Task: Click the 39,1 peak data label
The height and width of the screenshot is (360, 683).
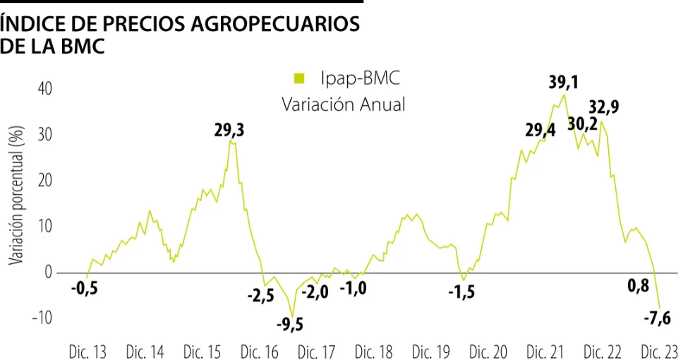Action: pyautogui.click(x=563, y=81)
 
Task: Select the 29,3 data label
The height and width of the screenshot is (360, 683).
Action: pyautogui.click(x=229, y=131)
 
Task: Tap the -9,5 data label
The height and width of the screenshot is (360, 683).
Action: pyautogui.click(x=290, y=325)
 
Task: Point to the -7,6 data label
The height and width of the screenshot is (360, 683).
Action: pyautogui.click(x=658, y=318)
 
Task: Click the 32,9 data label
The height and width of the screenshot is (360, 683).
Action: pyautogui.click(x=604, y=107)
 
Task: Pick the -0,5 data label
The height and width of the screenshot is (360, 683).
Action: pyautogui.click(x=85, y=288)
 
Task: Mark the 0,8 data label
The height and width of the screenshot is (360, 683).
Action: pyautogui.click(x=639, y=285)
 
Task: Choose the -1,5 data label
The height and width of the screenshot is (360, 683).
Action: pyautogui.click(x=461, y=292)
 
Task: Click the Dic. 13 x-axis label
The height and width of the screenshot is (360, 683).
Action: pyautogui.click(x=87, y=352)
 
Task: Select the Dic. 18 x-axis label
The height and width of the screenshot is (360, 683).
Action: pyautogui.click(x=373, y=352)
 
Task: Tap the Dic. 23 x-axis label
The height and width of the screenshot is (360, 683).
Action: pyautogui.click(x=660, y=352)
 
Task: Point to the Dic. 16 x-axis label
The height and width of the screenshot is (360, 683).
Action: pyautogui.click(x=259, y=352)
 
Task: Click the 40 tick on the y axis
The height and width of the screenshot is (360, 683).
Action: pyautogui.click(x=45, y=89)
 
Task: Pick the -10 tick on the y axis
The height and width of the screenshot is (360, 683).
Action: pyautogui.click(x=42, y=318)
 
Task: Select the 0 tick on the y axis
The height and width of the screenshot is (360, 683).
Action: pyautogui.click(x=48, y=272)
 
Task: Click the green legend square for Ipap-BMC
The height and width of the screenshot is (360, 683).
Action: pyautogui.click(x=299, y=78)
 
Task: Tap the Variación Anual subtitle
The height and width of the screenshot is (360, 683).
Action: pyautogui.click(x=343, y=104)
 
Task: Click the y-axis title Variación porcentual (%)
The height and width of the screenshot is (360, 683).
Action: pyautogui.click(x=16, y=195)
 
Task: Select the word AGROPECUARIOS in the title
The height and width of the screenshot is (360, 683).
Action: pyautogui.click(x=275, y=24)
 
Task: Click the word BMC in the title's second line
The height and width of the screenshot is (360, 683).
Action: pyautogui.click(x=83, y=46)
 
